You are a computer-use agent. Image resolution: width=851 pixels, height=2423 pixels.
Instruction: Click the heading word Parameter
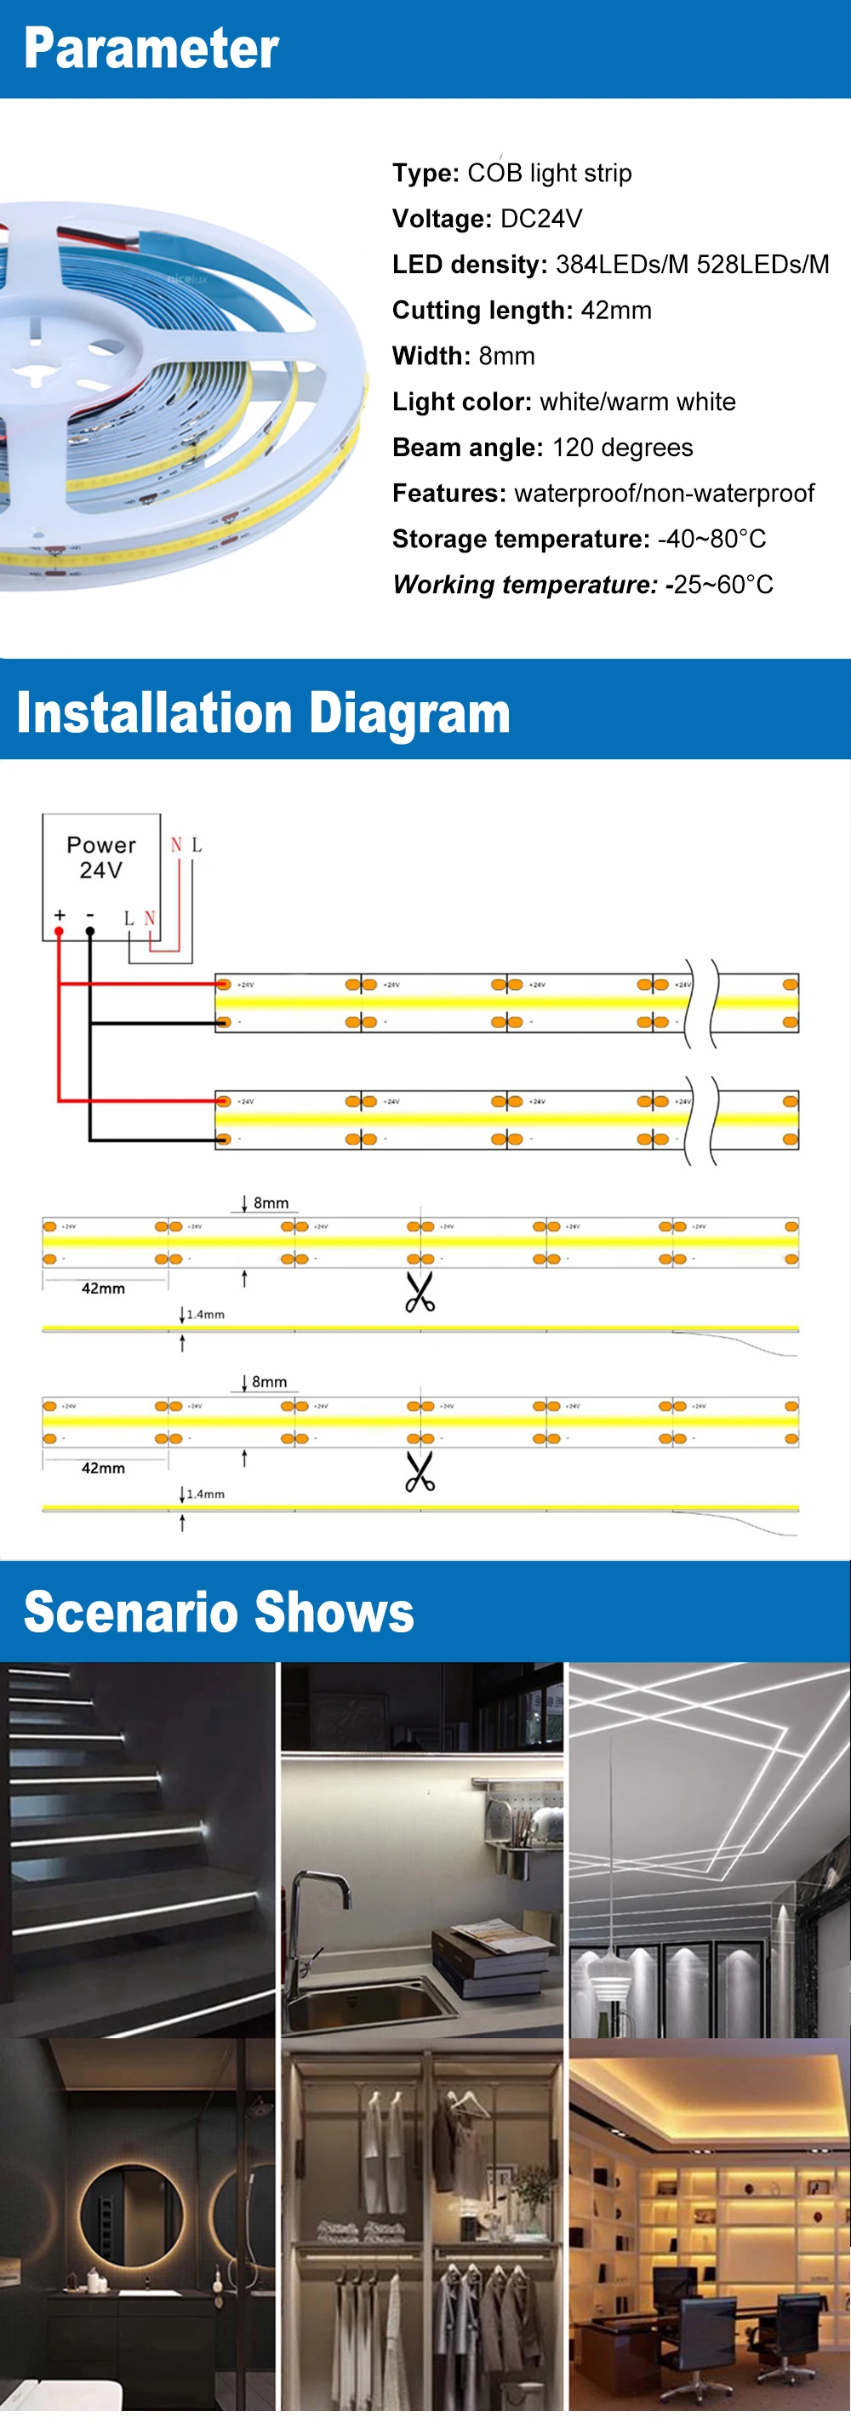pos(151,49)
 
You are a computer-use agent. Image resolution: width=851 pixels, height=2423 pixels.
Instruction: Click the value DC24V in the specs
pos(540,220)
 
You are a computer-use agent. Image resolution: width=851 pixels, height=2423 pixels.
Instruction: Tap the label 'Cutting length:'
pos(482,311)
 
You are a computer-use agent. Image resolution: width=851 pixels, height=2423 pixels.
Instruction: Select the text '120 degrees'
pos(622,448)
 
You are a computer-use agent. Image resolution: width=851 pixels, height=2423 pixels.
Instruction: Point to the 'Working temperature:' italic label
pos(523,585)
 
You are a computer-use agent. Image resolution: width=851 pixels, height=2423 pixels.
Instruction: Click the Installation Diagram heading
pos(263,713)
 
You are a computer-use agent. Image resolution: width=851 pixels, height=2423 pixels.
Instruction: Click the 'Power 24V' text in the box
pos(100,857)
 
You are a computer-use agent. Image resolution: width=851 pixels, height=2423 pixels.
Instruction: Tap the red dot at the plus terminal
pos(60,931)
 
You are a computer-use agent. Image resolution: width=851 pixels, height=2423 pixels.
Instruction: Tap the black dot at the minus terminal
pos(90,931)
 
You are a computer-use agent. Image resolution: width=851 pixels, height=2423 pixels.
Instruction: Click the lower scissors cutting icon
pos(420,1472)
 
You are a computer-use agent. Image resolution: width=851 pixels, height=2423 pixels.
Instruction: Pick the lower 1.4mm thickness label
pos(205,1494)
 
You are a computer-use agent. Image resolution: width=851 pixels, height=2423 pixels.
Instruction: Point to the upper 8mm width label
pos(271,1203)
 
